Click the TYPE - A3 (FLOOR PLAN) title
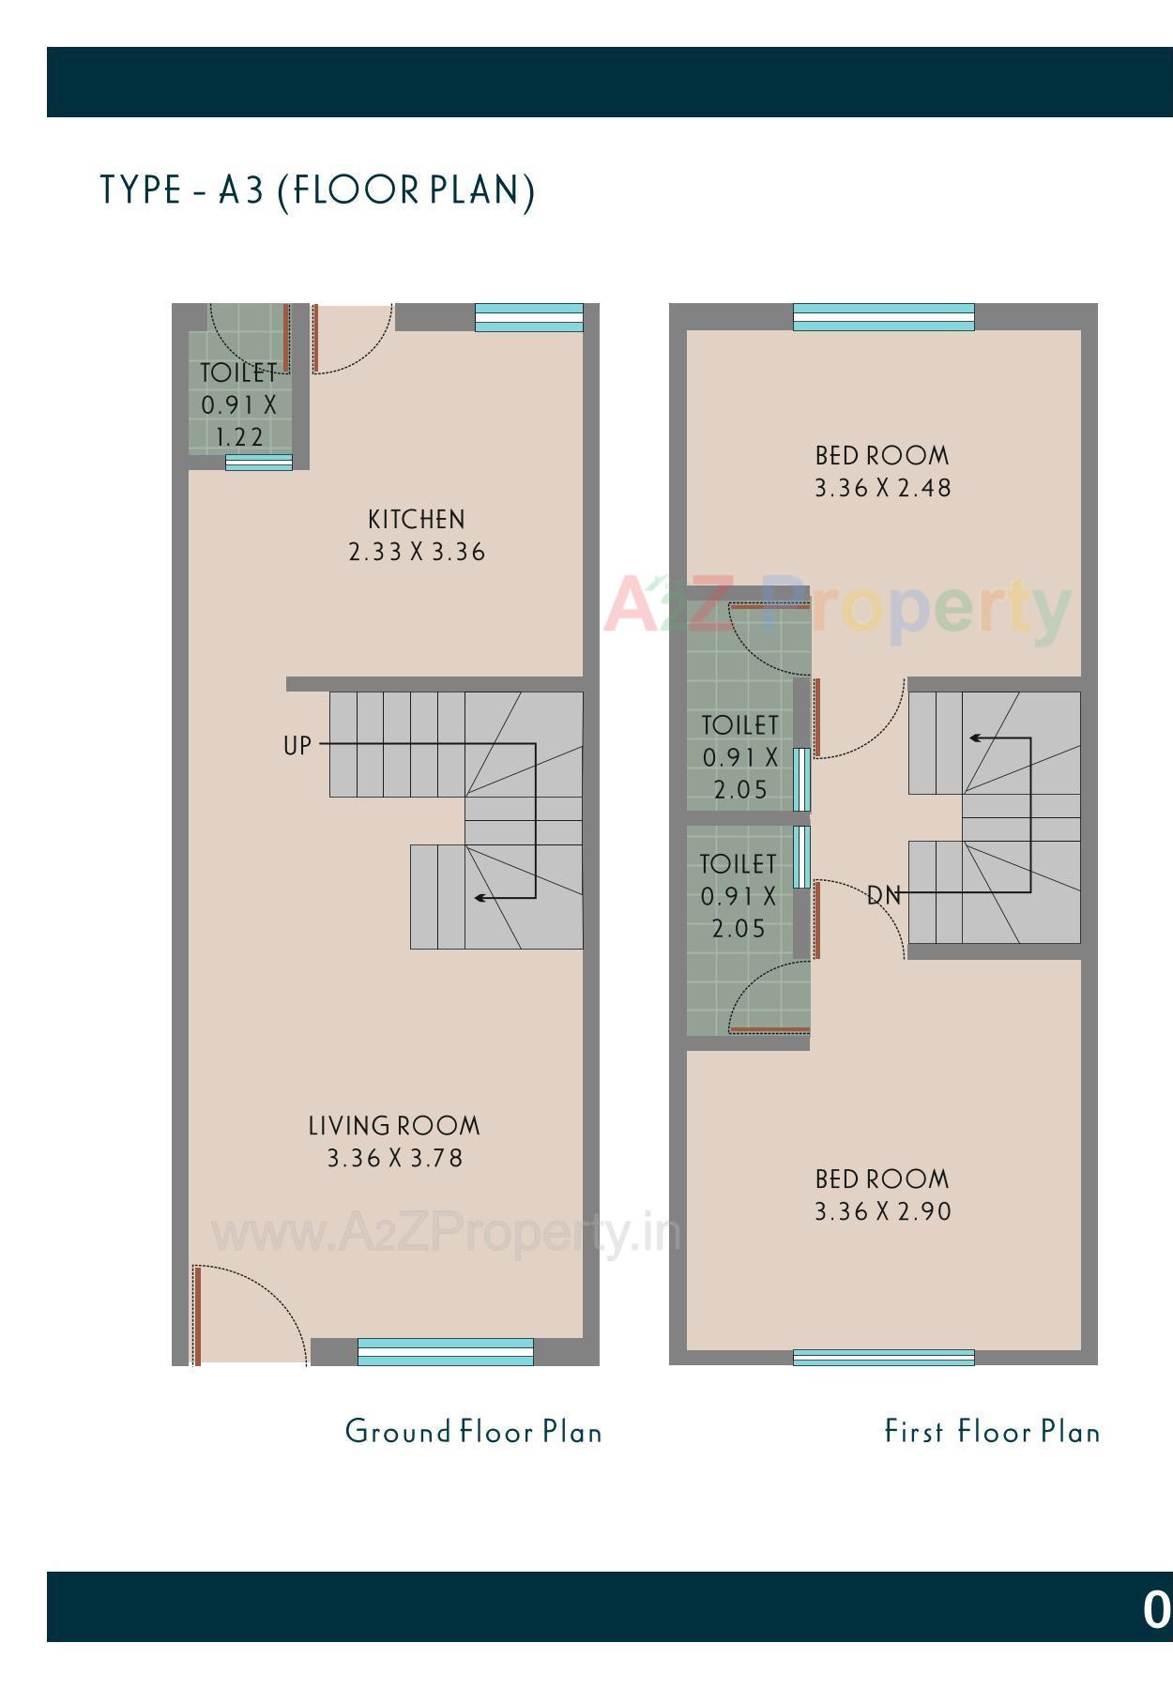coord(317,190)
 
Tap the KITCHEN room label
coord(416,520)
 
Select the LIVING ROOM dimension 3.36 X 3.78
coord(395,1158)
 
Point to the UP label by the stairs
coord(297,746)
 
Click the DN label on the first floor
coord(883,896)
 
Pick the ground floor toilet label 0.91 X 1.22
coord(239,405)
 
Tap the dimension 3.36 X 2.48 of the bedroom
coord(882,488)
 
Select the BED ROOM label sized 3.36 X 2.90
coord(882,1179)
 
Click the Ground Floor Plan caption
coord(473,1432)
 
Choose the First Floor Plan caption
coord(992,1432)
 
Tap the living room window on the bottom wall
coord(445,1352)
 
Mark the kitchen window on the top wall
coord(528,317)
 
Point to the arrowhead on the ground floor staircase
coord(480,898)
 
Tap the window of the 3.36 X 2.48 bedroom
coord(883,317)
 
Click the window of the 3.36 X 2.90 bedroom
coord(883,1357)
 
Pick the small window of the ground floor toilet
coord(258,463)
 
